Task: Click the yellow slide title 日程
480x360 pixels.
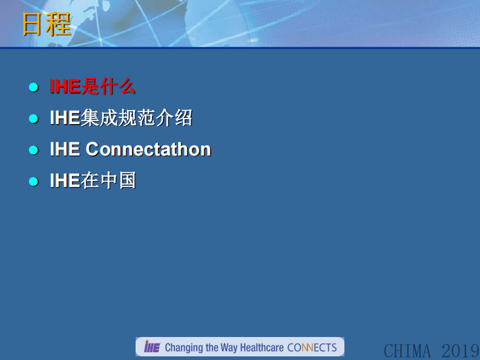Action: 47,24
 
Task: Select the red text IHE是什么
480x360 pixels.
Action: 92,87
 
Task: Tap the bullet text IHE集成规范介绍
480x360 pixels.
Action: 121,118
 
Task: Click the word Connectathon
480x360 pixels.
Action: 148,149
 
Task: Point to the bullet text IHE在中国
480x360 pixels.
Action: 92,181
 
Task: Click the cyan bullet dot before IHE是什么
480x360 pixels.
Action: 34,87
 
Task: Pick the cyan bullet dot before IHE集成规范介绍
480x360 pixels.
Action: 34,119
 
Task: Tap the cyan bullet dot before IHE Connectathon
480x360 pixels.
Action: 34,150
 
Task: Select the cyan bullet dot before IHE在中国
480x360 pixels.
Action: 34,182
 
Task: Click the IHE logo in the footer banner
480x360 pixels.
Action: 151,347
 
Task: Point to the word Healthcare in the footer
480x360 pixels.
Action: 261,348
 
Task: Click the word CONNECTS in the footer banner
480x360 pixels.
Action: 312,348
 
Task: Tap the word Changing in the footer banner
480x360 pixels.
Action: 184,348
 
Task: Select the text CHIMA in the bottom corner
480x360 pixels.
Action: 407,350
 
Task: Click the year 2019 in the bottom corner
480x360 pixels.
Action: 460,350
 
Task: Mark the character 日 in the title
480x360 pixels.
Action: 33,24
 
